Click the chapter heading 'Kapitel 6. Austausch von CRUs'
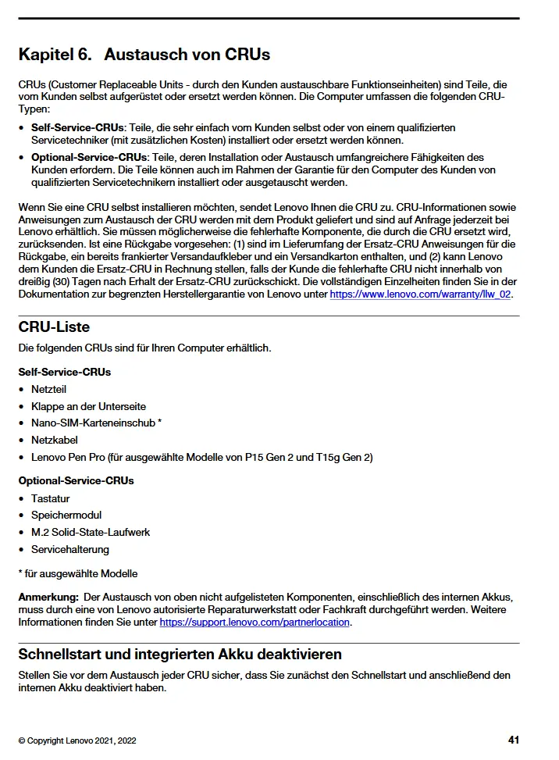pyautogui.click(x=144, y=55)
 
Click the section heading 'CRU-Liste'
pyautogui.click(x=54, y=327)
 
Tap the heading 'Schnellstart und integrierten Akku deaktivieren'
pyautogui.click(x=180, y=654)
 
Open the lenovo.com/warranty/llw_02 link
pyautogui.click(x=421, y=294)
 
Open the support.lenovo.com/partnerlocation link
pyautogui.click(x=255, y=623)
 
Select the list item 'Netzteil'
pyautogui.click(x=48, y=389)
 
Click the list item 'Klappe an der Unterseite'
pyautogui.click(x=88, y=406)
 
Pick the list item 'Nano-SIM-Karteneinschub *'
pyautogui.click(x=96, y=423)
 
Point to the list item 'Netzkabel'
pyautogui.click(x=54, y=440)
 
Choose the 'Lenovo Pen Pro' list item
pyautogui.click(x=201, y=457)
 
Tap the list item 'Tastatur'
pyautogui.click(x=50, y=498)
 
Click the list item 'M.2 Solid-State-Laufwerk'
pyautogui.click(x=91, y=532)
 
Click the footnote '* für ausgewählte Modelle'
pyautogui.click(x=77, y=573)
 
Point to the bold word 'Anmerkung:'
pyautogui.click(x=48, y=598)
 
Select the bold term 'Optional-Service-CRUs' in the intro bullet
pyautogui.click(x=89, y=158)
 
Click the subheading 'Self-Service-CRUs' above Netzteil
pyautogui.click(x=65, y=372)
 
